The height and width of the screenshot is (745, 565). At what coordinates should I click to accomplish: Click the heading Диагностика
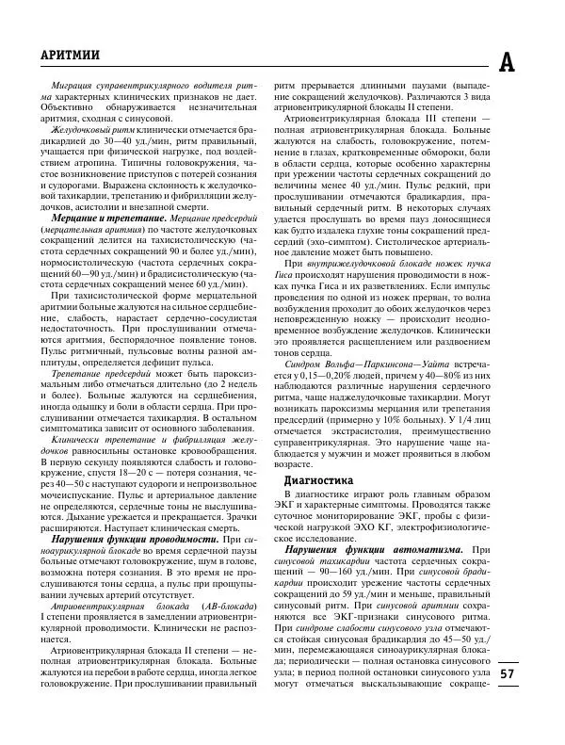point(319,480)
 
